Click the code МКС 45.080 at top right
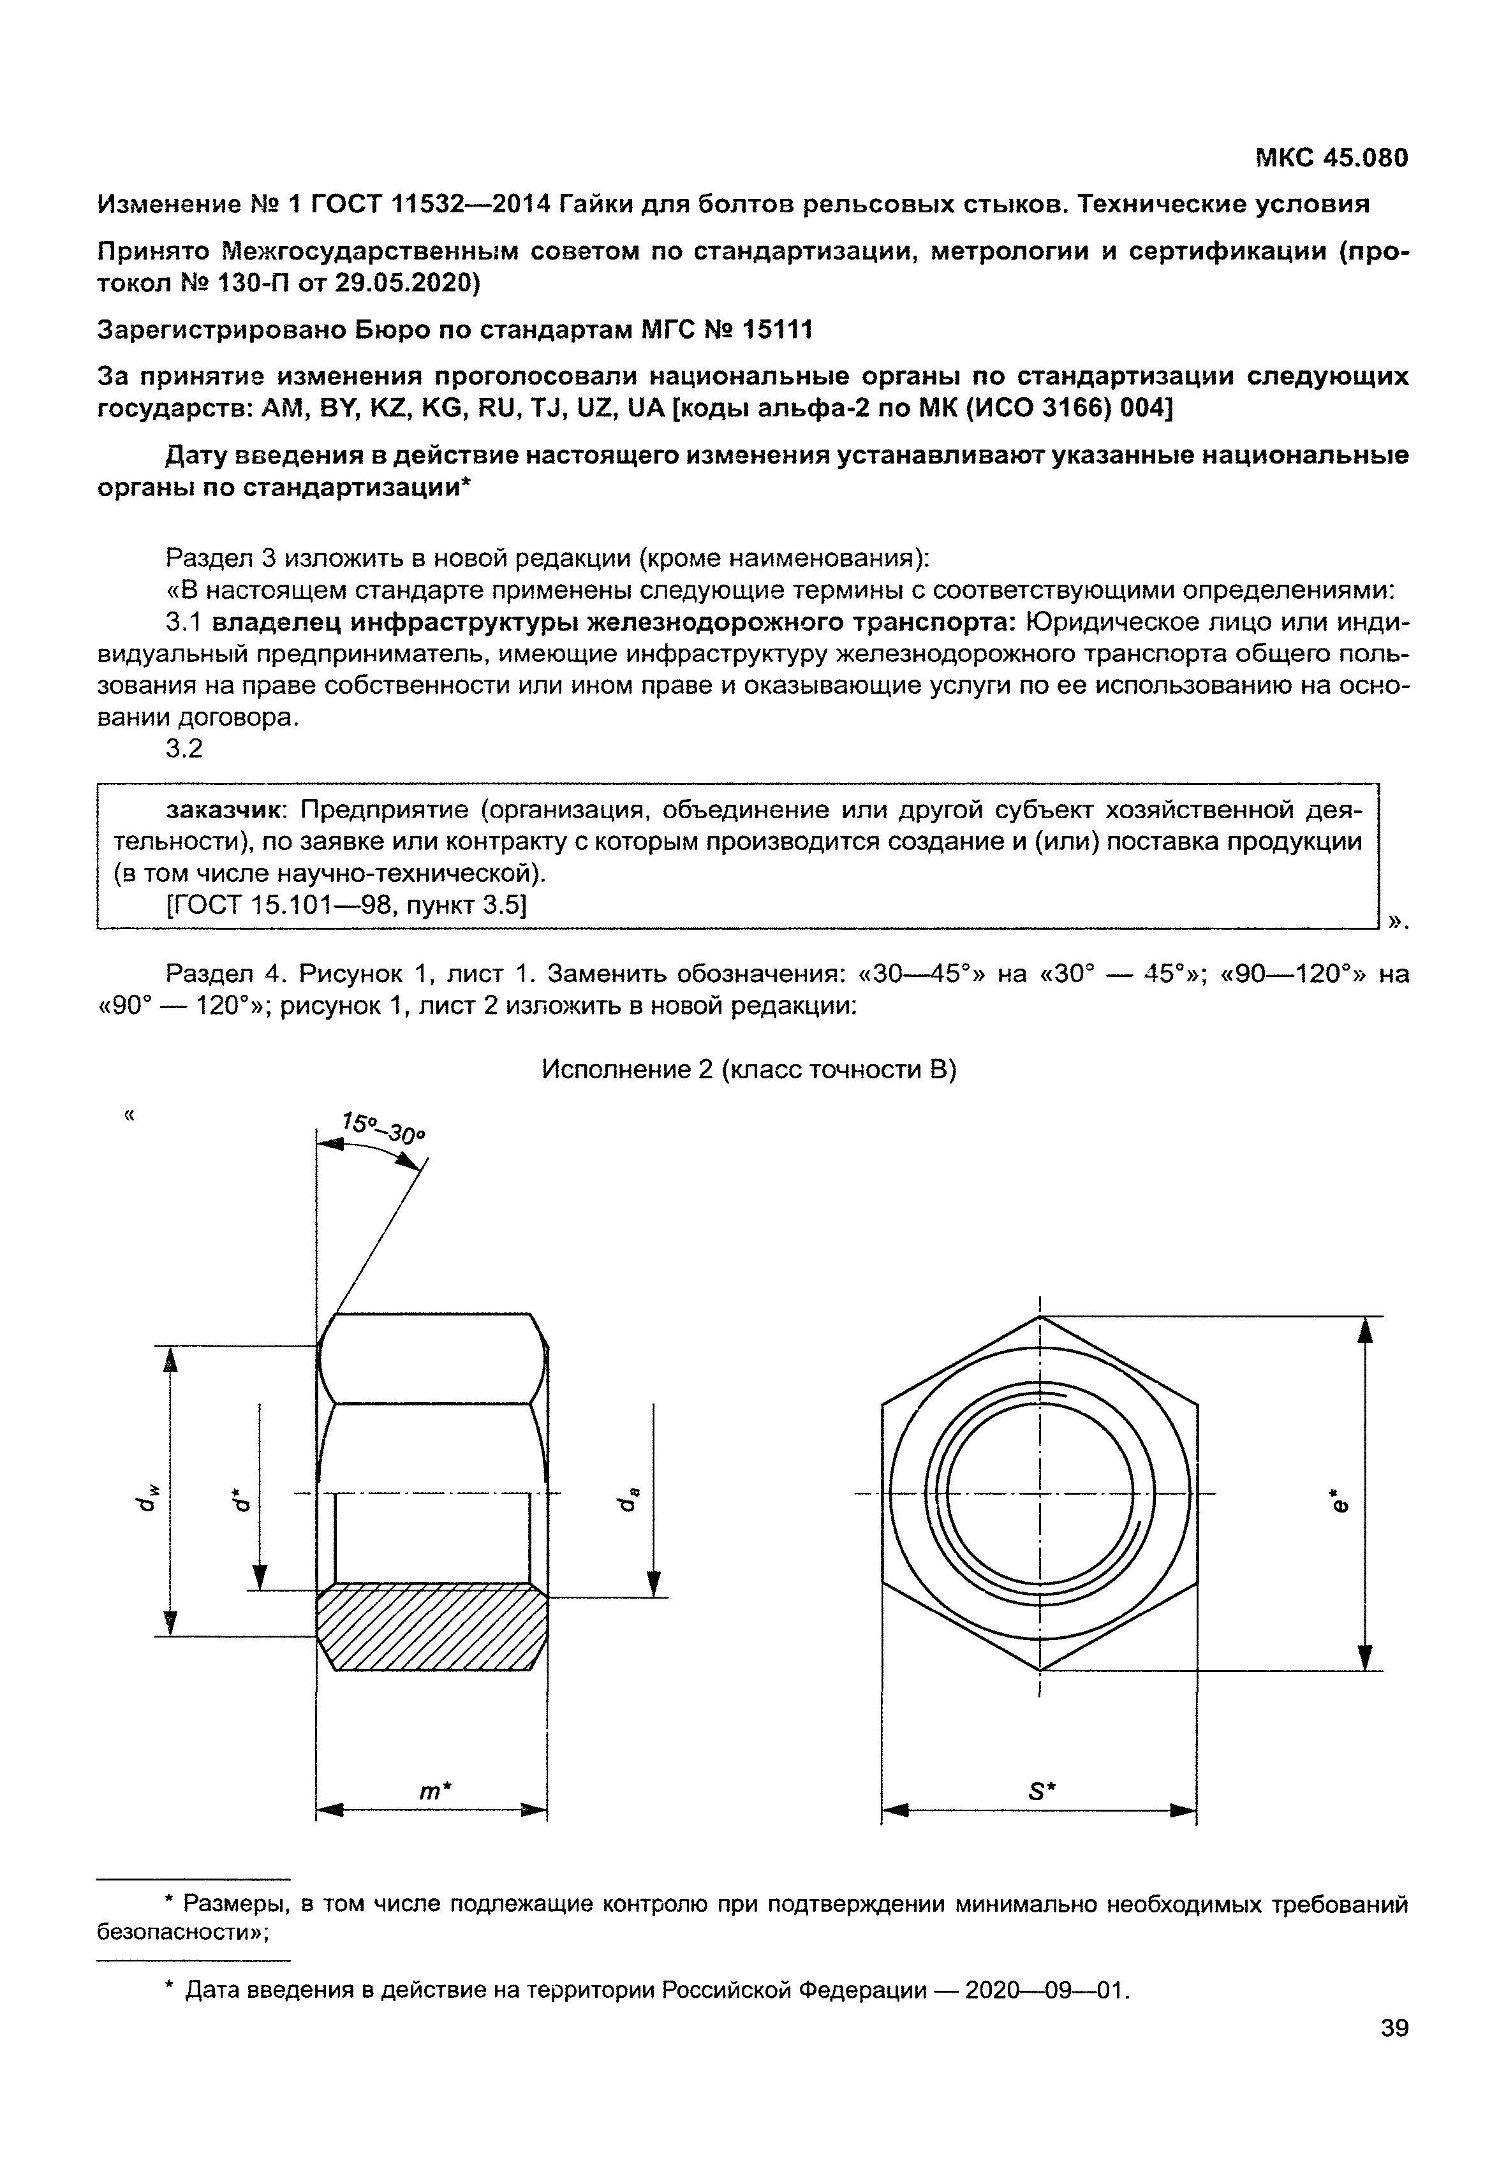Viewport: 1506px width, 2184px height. (1331, 158)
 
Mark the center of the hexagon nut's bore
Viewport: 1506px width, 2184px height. (1039, 1494)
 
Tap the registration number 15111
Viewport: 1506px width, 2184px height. (776, 330)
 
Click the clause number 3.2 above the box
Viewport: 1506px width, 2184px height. (184, 749)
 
